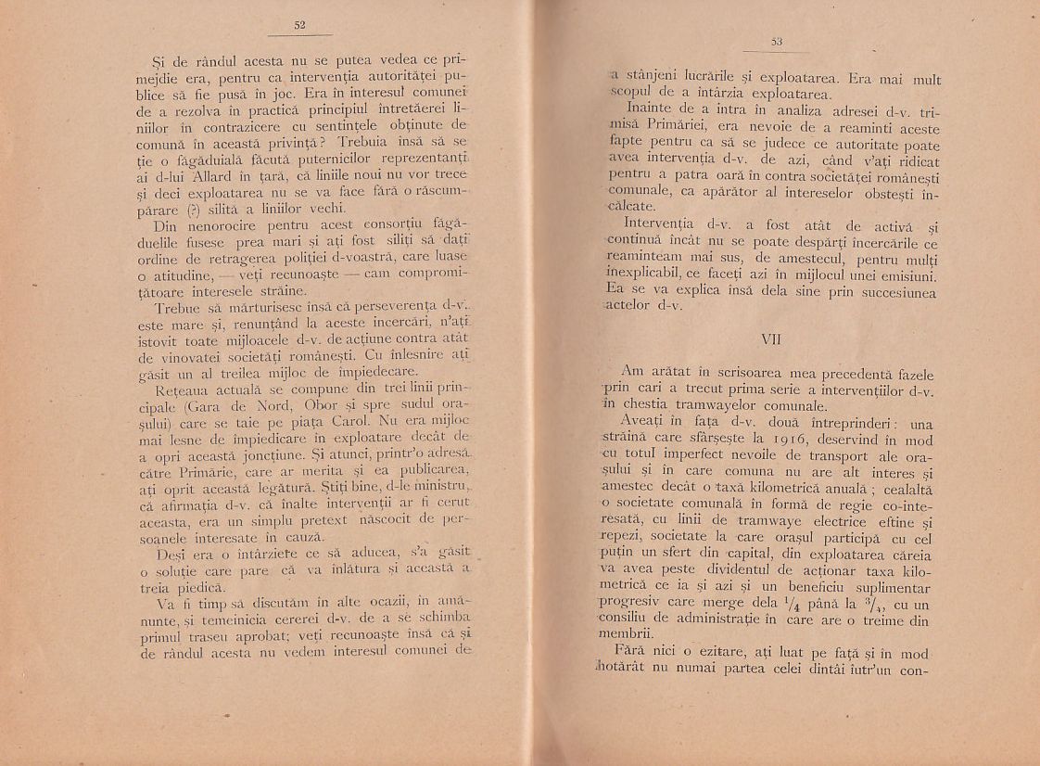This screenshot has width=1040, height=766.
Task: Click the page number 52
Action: pyautogui.click(x=299, y=25)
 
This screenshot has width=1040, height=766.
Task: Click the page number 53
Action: pyautogui.click(x=777, y=42)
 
